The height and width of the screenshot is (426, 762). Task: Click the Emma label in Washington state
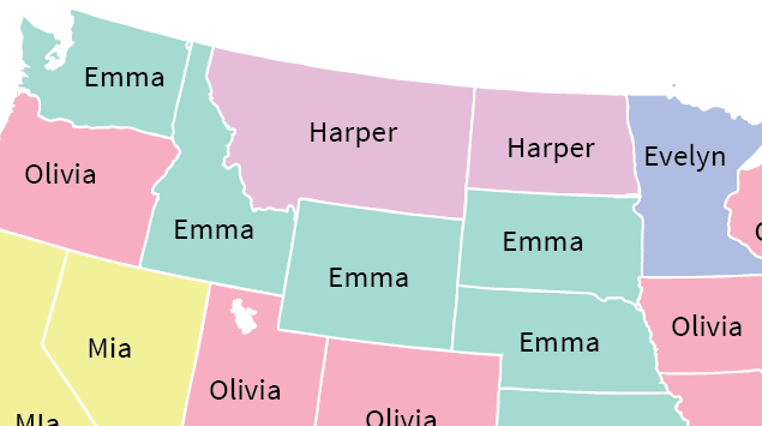pyautogui.click(x=124, y=78)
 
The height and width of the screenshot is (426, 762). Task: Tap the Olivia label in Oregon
pyautogui.click(x=60, y=174)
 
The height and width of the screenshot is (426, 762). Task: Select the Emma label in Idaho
pyautogui.click(x=213, y=230)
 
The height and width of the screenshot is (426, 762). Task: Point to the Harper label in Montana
pyautogui.click(x=353, y=132)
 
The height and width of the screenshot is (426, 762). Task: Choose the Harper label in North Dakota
pyautogui.click(x=551, y=149)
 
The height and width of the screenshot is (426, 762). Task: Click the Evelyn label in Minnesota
pyautogui.click(x=685, y=157)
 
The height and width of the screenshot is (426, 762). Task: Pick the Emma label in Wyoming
pyautogui.click(x=369, y=278)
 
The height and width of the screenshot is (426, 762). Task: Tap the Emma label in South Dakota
pyautogui.click(x=543, y=242)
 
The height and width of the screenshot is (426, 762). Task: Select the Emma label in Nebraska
pyautogui.click(x=559, y=343)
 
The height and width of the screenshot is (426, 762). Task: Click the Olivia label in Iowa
pyautogui.click(x=706, y=327)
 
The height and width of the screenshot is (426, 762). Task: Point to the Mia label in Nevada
pyautogui.click(x=109, y=348)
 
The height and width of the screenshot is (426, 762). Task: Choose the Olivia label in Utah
pyautogui.click(x=245, y=390)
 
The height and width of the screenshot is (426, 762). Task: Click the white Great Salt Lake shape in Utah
pyautogui.click(x=243, y=316)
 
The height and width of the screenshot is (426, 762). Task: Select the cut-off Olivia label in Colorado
pyautogui.click(x=401, y=417)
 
